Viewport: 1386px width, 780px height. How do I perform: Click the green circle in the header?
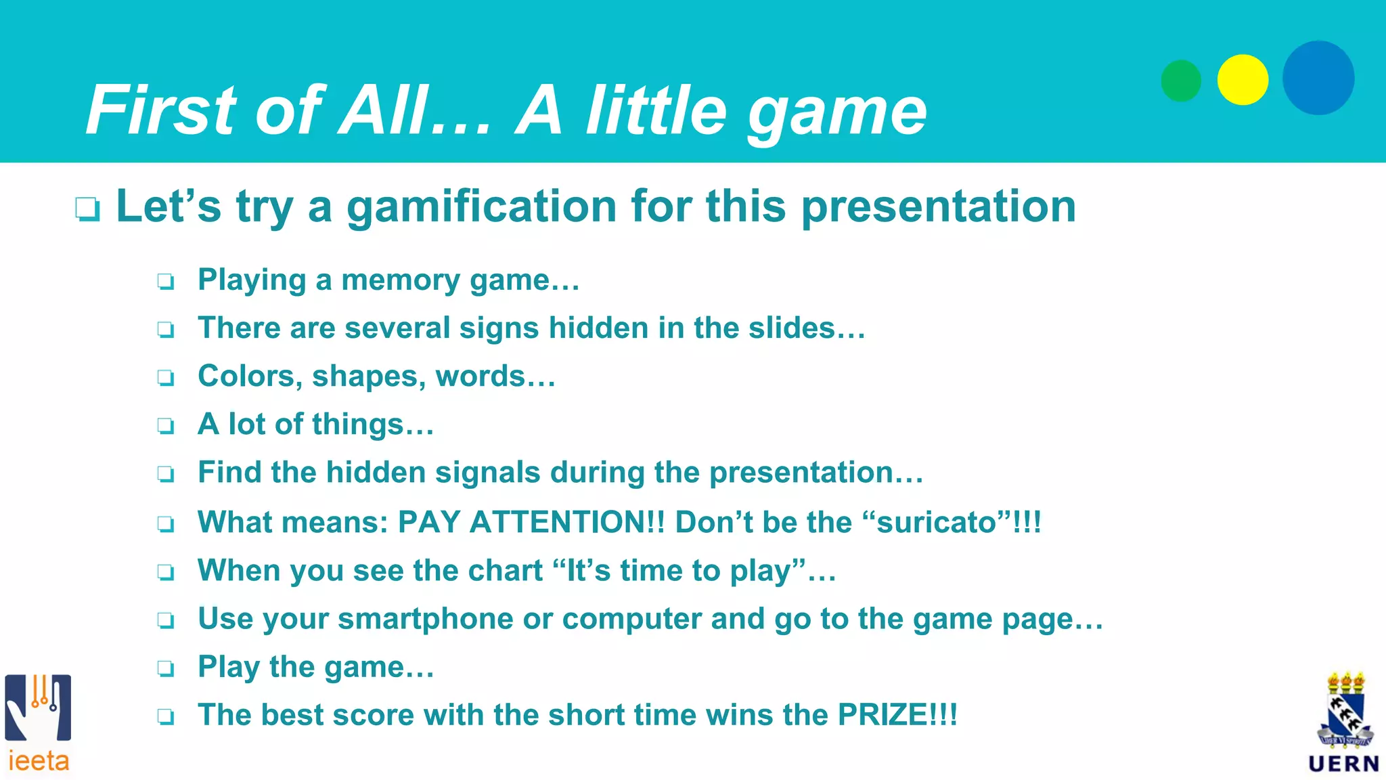coord(1181,81)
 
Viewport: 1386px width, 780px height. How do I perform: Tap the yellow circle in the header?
coord(1243,80)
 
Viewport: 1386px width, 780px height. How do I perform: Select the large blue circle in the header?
coord(1318,78)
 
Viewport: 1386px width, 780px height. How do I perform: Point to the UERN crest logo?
coord(1345,722)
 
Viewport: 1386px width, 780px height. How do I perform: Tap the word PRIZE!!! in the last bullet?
coord(897,715)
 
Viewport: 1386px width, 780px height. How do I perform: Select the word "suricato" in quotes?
coord(937,522)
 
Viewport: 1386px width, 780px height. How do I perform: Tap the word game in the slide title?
coord(836,112)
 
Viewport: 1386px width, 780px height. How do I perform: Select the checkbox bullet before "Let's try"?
coord(88,209)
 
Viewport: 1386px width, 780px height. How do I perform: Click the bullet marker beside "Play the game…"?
coord(166,669)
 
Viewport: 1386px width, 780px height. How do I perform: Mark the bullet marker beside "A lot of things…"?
coord(166,426)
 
